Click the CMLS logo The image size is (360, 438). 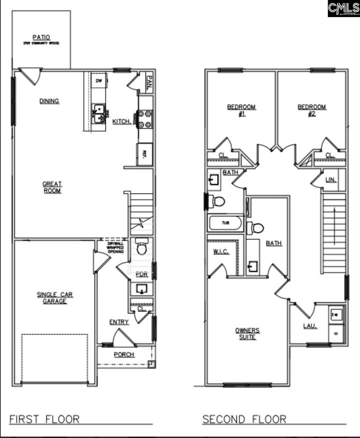343,9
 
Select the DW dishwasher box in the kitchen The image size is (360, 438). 99,81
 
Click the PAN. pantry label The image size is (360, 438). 149,81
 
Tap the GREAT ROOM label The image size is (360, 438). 52,187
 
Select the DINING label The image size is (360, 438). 49,101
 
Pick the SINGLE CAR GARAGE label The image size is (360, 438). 54,298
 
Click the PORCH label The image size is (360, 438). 123,354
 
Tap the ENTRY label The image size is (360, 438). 119,322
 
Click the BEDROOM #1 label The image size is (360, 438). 241,110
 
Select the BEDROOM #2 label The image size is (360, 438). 312,110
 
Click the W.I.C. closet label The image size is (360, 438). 220,251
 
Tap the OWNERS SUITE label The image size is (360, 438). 247,333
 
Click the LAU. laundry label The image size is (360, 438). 310,326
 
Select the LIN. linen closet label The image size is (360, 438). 330,180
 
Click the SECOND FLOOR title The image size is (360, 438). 244,419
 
